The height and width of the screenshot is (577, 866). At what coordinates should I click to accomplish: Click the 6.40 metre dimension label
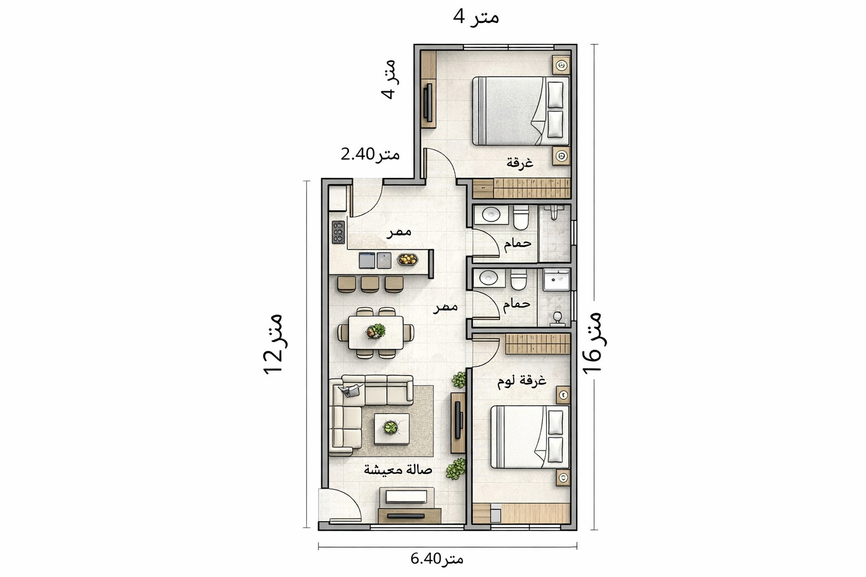pos(437,559)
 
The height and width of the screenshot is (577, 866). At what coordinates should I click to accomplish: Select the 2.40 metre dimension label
pos(370,154)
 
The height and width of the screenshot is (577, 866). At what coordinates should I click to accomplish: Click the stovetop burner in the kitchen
pos(68,232)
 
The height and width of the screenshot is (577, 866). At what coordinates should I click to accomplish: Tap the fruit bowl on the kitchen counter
pos(408,259)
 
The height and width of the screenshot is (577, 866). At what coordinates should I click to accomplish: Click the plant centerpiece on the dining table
pos(376,331)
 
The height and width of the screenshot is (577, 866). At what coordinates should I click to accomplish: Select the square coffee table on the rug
pos(392,429)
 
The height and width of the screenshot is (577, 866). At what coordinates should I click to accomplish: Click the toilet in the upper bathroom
pos(520,217)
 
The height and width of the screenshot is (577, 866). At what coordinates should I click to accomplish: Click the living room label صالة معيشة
pos(398,471)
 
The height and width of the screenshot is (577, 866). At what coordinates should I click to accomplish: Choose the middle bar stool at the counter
pos(370,283)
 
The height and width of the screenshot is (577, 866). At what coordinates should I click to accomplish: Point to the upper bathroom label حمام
pos(518,243)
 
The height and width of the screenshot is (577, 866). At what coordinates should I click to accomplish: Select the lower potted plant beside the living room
pos(456,469)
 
